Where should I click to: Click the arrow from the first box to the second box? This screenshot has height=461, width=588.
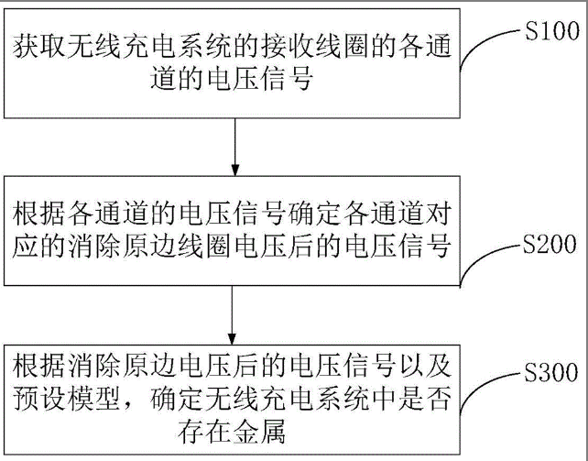click(235, 146)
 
